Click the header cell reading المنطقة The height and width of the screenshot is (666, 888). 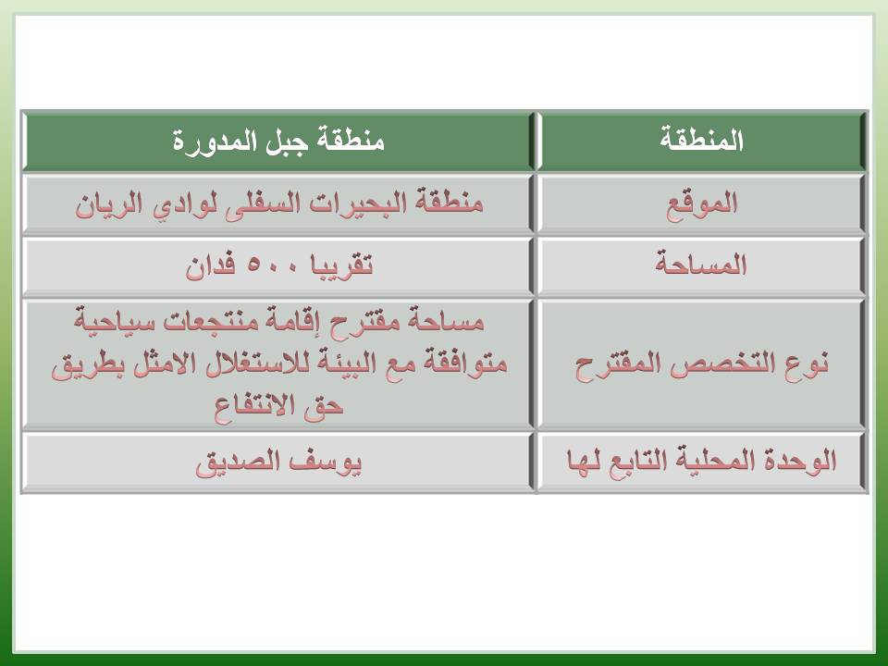pyautogui.click(x=702, y=140)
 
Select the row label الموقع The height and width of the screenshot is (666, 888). pyautogui.click(x=702, y=204)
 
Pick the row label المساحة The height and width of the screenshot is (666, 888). pyautogui.click(x=701, y=264)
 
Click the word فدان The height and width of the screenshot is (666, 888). pyautogui.click(x=210, y=265)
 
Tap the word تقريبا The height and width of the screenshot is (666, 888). pyautogui.click(x=342, y=265)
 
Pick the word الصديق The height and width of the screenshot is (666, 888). pyautogui.click(x=239, y=463)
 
